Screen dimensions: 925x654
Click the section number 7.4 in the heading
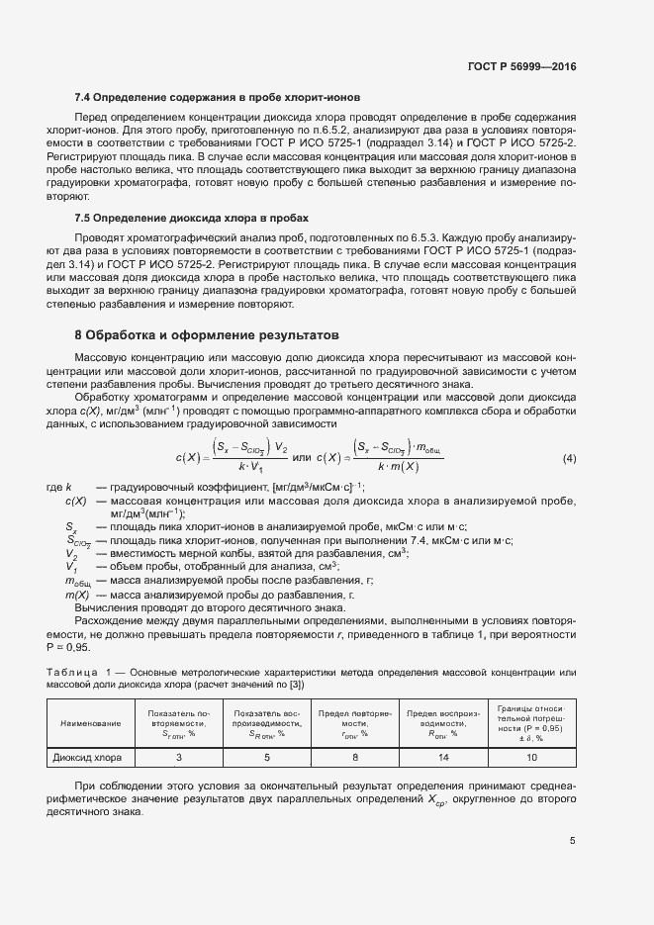(84, 98)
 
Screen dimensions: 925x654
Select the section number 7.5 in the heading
(84, 217)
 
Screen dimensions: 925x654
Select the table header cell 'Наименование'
(91, 723)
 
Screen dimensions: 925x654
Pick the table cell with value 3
(179, 758)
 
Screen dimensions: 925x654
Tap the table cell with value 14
(441, 758)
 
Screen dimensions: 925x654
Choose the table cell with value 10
(531, 758)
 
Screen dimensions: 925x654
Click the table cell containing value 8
(354, 758)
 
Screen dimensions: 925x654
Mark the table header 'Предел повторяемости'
(354, 722)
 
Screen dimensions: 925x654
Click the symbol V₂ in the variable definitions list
(71, 553)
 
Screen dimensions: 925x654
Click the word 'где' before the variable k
(54, 489)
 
